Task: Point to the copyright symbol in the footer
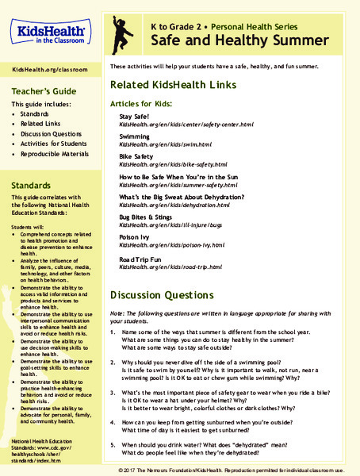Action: tap(119, 469)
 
